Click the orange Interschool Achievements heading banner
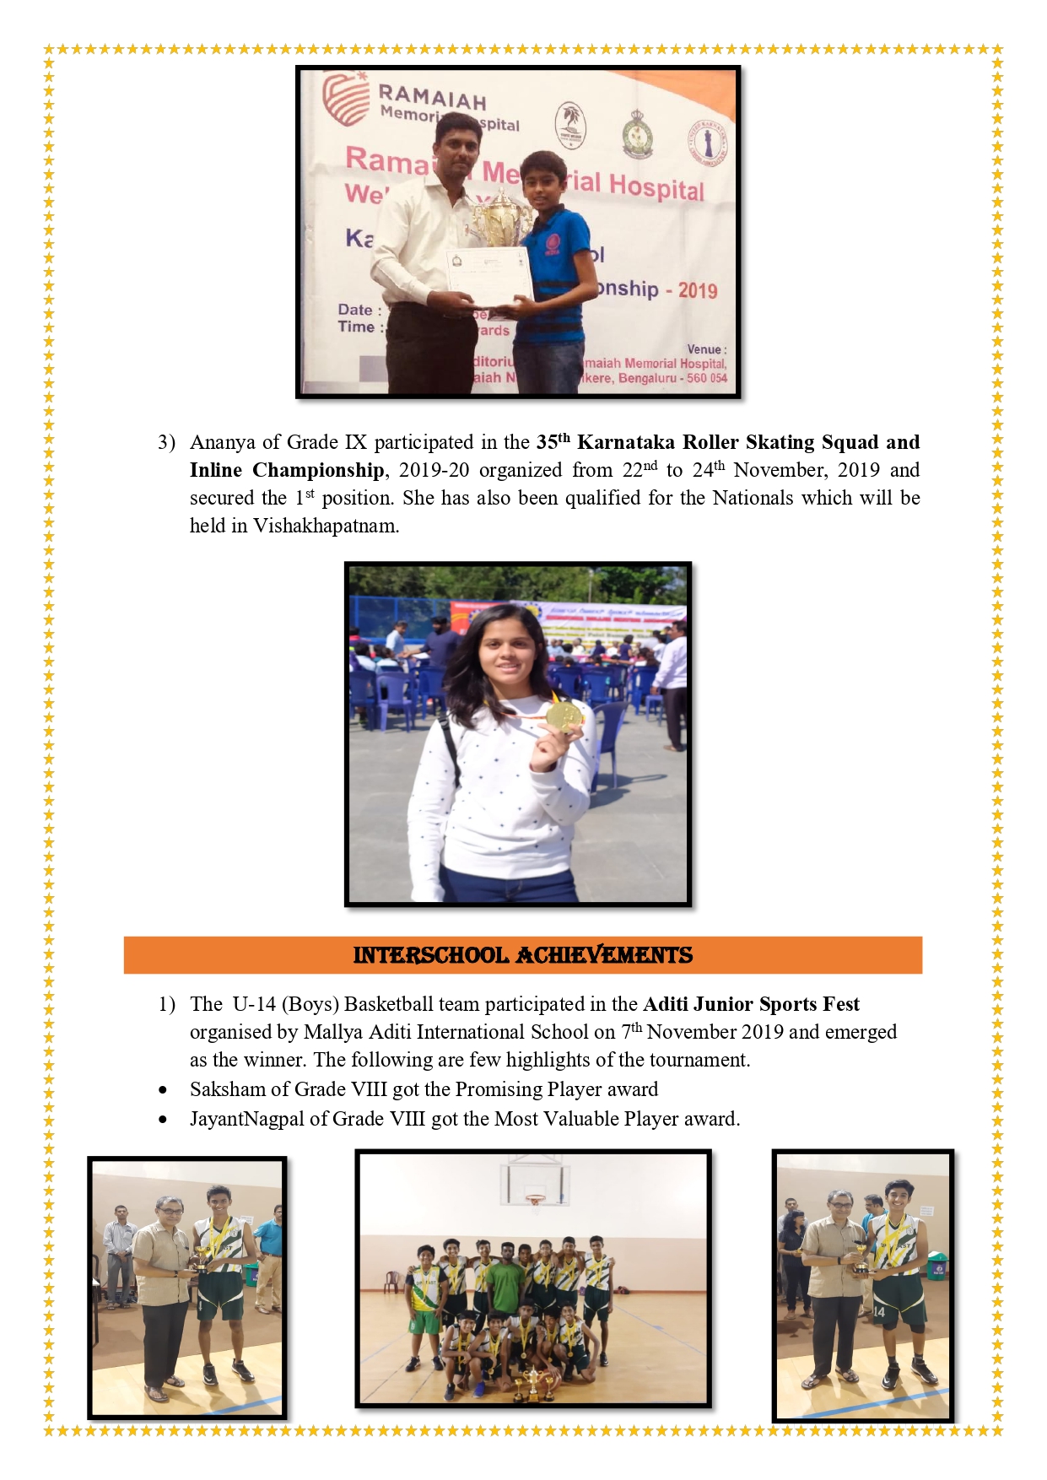pyautogui.click(x=522, y=955)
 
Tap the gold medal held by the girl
pyautogui.click(x=563, y=716)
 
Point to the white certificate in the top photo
pyautogui.click(x=488, y=274)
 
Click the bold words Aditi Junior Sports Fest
pyautogui.click(x=751, y=1004)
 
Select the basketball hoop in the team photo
pyautogui.click(x=535, y=1198)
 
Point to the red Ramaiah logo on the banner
pyautogui.click(x=346, y=100)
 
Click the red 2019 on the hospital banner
pyautogui.click(x=698, y=291)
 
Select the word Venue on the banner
pyautogui.click(x=704, y=349)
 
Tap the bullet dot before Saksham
pyautogui.click(x=163, y=1090)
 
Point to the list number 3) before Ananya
pyautogui.click(x=166, y=443)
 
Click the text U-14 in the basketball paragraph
pyautogui.click(x=254, y=1004)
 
